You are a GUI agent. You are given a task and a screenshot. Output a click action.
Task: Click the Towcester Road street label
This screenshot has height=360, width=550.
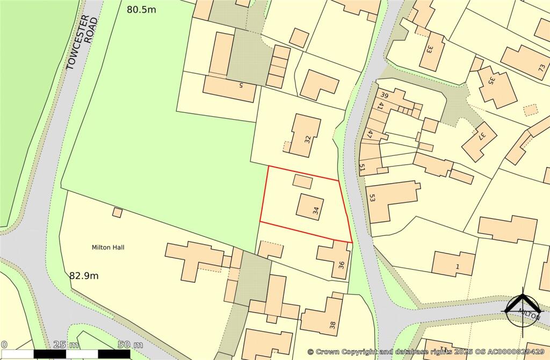pos(82,42)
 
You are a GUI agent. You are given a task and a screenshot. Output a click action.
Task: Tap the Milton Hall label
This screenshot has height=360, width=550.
pos(108,248)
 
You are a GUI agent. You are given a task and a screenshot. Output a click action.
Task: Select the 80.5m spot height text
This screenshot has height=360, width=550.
pos(142,9)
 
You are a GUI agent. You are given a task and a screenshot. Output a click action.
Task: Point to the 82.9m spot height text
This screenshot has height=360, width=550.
pos(84,276)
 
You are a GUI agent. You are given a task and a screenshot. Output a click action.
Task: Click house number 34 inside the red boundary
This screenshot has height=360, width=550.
pos(316,211)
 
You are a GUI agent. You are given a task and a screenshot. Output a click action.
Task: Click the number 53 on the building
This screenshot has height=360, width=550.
pos(372,197)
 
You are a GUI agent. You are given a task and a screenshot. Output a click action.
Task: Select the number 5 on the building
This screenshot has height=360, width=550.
pos(241,84)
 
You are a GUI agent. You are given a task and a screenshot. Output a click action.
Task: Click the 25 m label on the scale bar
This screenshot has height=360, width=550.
pos(66,344)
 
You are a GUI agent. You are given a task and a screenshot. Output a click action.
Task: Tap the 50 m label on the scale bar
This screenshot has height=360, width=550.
pos(130,344)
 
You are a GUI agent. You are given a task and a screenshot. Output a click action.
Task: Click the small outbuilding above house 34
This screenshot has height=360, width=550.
pos(303,182)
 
